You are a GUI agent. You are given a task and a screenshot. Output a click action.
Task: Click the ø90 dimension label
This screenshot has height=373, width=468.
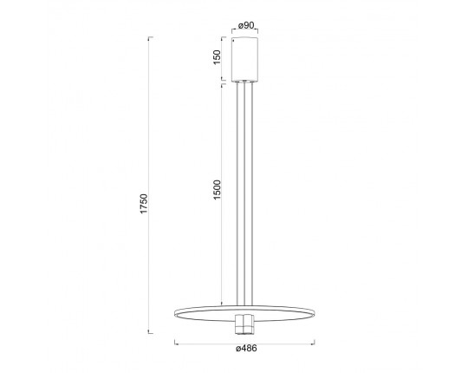[246, 25]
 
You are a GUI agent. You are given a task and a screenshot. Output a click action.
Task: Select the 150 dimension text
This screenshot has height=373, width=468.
[217, 57]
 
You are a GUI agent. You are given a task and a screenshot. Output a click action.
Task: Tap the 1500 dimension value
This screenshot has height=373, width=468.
[217, 190]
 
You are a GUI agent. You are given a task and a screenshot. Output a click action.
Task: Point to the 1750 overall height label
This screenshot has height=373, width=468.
[144, 204]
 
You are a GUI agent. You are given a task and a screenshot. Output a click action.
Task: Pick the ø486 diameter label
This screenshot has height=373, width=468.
[246, 348]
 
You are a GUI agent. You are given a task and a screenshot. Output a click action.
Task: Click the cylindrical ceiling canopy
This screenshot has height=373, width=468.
[245, 60]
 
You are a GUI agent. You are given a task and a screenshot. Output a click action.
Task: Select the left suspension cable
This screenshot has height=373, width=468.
[237, 193]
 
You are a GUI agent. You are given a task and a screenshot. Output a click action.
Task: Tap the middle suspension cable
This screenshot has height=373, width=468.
[244, 193]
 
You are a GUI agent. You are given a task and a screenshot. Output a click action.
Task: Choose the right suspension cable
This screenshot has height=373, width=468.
[252, 193]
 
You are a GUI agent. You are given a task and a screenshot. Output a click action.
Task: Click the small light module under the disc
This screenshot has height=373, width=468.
[244, 324]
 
